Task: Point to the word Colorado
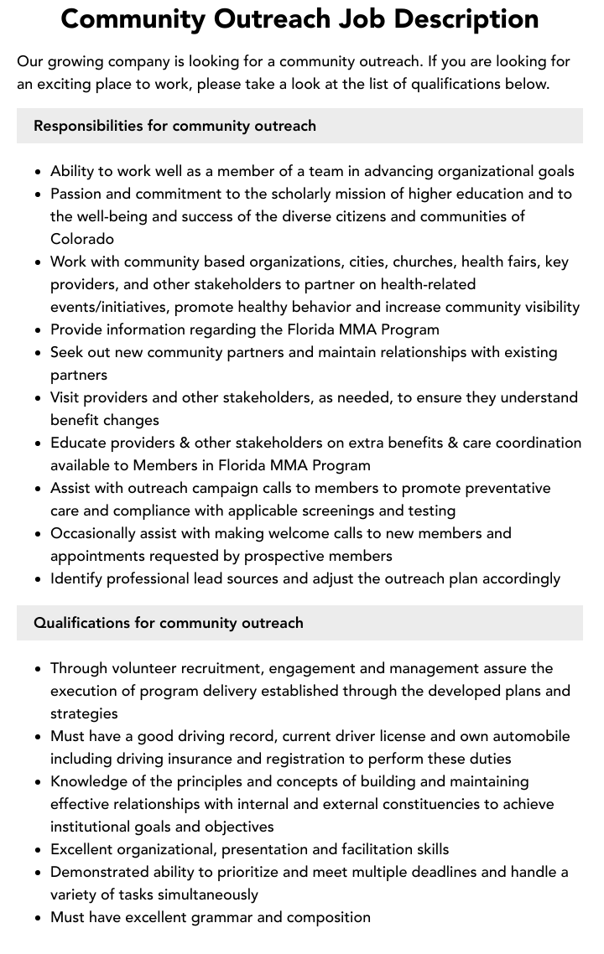point(82,239)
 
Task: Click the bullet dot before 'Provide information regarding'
point(39,330)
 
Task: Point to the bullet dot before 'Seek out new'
point(39,353)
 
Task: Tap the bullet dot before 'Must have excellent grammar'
point(39,918)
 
